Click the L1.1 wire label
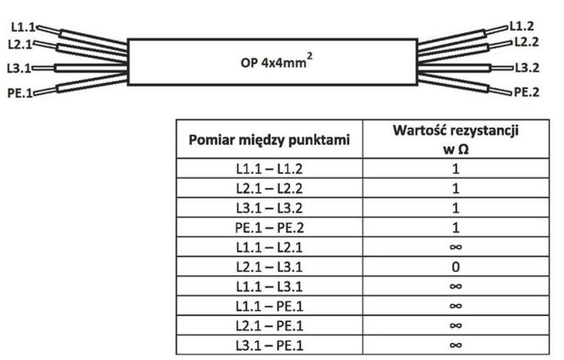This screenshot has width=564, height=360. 23,27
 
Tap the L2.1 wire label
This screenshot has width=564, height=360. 20,44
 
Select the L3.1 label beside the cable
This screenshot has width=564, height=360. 19,68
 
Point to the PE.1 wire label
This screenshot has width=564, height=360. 20,93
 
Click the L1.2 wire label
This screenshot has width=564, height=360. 522,26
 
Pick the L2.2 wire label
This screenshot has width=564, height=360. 527,42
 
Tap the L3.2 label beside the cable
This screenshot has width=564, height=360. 527,68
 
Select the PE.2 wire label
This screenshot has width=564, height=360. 527,93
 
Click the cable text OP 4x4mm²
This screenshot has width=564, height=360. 276,61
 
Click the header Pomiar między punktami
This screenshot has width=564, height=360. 269,140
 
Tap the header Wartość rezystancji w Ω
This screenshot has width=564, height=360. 455,140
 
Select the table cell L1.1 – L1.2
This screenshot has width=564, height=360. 269,169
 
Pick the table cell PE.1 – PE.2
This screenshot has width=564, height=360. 269,227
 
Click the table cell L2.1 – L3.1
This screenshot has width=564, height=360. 269,267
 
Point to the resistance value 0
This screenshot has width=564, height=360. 455,267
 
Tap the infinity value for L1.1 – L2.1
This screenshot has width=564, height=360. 455,247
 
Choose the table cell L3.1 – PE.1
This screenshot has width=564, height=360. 269,345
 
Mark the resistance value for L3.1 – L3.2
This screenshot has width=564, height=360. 455,208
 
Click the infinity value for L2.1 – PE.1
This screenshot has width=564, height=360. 455,325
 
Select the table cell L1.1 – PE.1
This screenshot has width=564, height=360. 269,306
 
